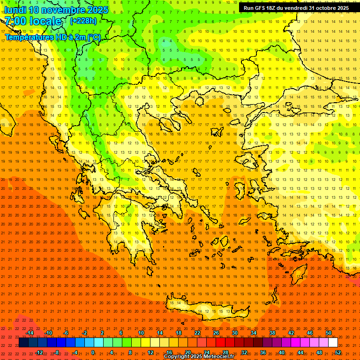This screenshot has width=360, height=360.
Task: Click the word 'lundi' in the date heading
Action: point(15,10)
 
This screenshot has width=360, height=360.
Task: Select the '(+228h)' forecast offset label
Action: point(83,21)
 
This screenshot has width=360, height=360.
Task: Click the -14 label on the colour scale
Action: point(30,333)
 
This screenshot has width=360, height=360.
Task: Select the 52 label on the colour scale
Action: point(338,352)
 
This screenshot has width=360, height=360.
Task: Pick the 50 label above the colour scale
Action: point(329,333)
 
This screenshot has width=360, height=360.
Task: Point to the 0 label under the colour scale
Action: point(92,352)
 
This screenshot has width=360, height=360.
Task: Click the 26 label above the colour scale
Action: point(216,333)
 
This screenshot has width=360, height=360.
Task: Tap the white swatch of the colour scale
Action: point(333,343)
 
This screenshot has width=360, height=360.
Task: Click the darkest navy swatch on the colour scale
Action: point(23,343)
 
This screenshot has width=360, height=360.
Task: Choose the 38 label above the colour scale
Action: point(272,333)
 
